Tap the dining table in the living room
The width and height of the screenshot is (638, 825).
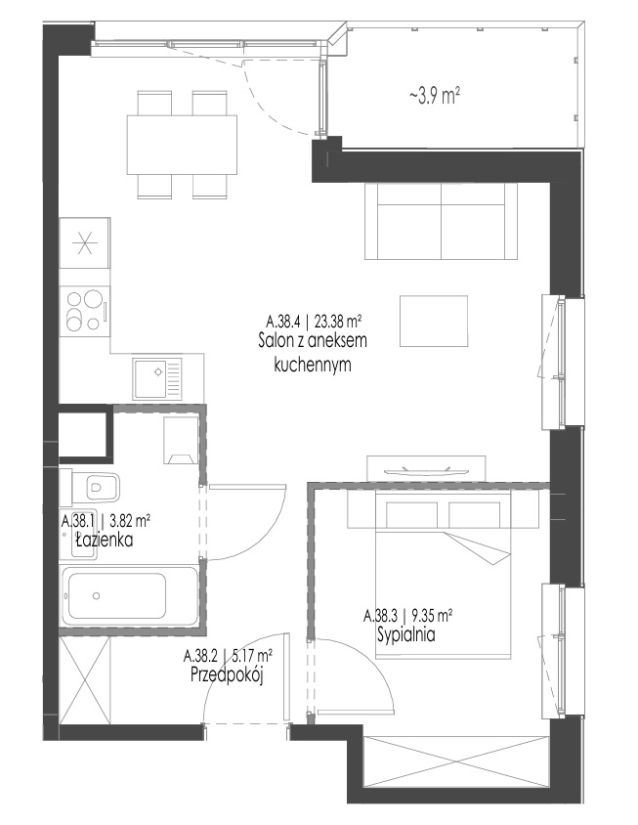(182, 145)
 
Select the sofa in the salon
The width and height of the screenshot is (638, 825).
(442, 221)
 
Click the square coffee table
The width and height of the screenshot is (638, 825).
(434, 321)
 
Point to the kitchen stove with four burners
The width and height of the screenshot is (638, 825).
(85, 312)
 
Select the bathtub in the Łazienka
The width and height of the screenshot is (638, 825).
(129, 595)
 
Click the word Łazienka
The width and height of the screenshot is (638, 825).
(105, 540)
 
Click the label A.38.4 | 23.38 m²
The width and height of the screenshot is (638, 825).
(314, 321)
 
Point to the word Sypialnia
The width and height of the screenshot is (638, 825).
(406, 634)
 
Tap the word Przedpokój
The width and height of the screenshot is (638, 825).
(227, 674)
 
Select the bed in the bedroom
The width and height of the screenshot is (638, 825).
(443, 575)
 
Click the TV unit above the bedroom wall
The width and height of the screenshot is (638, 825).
(427, 469)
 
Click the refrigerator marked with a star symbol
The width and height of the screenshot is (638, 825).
(85, 243)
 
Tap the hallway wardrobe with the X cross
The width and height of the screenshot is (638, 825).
(85, 680)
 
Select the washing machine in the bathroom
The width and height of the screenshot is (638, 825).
(182, 441)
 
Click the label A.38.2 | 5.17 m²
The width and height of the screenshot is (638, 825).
(228, 656)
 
